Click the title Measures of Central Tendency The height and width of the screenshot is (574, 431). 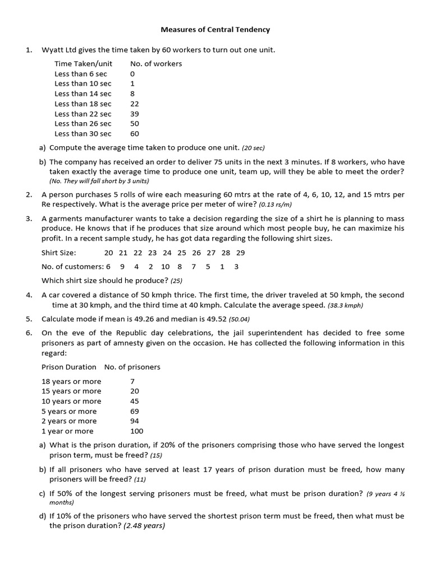(215, 29)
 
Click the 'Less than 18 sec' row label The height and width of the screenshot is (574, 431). (82, 104)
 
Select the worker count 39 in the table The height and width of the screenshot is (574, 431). (135, 114)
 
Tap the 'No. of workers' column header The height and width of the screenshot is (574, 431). (156, 64)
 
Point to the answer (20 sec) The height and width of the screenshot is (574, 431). (253, 148)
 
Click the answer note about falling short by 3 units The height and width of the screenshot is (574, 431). (99, 181)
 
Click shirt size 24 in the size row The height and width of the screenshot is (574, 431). (167, 253)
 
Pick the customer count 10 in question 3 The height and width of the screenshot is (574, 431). (165, 267)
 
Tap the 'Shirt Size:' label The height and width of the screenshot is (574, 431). (59, 253)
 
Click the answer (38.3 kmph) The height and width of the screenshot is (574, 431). (346, 305)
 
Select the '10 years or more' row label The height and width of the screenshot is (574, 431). (71, 401)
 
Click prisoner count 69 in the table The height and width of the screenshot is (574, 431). (135, 411)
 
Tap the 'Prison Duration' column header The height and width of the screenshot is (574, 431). (69, 367)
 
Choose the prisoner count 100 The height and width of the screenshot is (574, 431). (136, 431)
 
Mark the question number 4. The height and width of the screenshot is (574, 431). (29, 295)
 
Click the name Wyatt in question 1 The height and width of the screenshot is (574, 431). (53, 50)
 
